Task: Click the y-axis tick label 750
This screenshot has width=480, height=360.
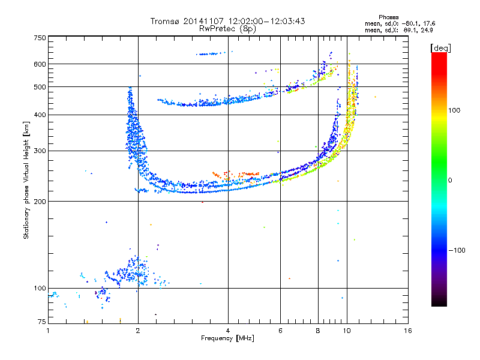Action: click(40, 38)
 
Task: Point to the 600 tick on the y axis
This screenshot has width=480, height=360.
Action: click(40, 64)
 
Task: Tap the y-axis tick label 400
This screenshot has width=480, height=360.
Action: click(40, 115)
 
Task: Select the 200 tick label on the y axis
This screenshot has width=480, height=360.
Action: click(40, 201)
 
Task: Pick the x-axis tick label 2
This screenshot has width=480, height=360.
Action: click(138, 331)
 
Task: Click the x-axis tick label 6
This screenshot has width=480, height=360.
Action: click(280, 331)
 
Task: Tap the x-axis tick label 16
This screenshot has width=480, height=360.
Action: click(408, 331)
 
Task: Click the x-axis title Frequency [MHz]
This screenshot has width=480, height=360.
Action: click(228, 339)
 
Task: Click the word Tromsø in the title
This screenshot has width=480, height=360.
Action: click(166, 21)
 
